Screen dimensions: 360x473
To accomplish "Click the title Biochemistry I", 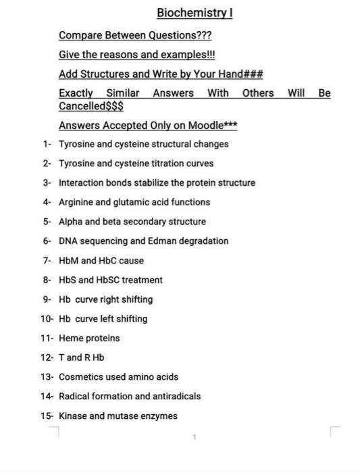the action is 195,13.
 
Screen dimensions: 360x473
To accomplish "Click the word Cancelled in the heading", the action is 80,106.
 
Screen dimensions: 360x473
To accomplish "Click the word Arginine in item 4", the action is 76,202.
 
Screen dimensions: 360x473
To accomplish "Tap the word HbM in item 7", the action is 69,261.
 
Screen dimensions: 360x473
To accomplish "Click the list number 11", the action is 47,339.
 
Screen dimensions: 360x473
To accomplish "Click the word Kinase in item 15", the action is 72,416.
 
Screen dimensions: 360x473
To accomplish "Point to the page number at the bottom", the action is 195,437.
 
